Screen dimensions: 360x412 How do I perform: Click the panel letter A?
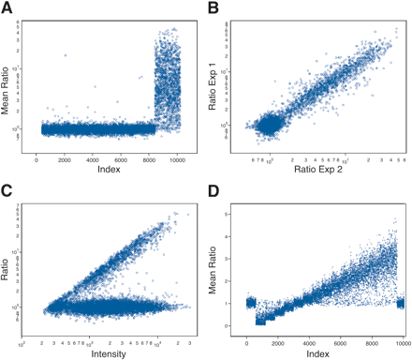[7, 9]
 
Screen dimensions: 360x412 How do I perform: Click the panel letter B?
[213, 9]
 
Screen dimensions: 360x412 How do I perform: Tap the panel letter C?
[7, 190]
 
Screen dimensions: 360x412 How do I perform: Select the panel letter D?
[213, 190]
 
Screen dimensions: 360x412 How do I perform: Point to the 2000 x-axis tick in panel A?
[66, 158]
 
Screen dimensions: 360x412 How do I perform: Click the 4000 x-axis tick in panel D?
[309, 339]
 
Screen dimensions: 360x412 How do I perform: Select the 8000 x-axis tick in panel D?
[372, 339]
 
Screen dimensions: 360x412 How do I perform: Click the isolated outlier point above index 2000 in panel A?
[66, 56]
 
